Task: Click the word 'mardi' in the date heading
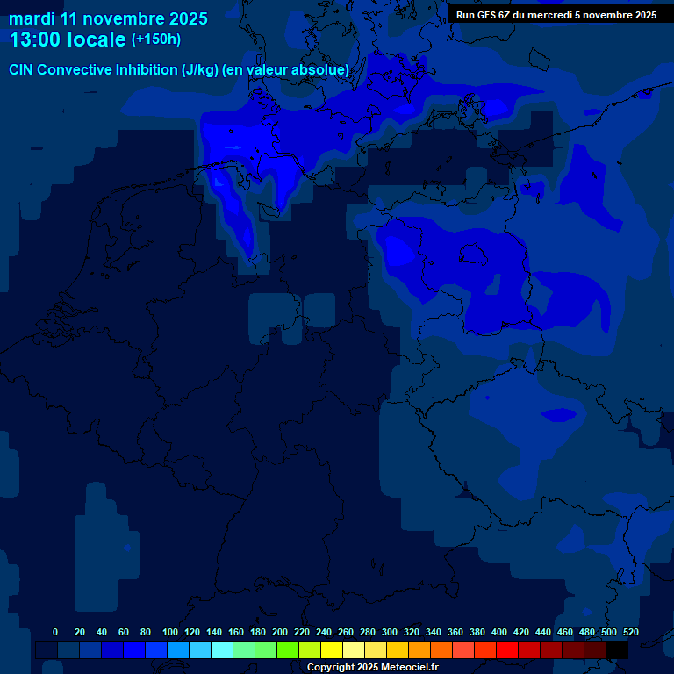tap(32, 18)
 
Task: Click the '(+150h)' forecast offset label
tap(156, 39)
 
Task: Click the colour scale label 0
tap(55, 632)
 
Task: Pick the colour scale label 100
tap(170, 632)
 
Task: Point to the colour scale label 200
tap(280, 632)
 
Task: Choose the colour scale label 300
tap(390, 632)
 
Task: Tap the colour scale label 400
tap(499, 632)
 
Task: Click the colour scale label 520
tap(631, 632)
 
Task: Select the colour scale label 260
tap(346, 632)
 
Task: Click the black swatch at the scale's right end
tap(617, 650)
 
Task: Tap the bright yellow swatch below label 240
tap(332, 650)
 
